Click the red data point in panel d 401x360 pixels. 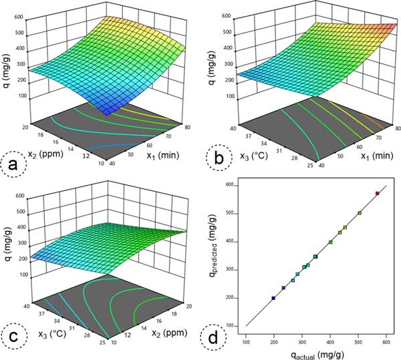click(x=377, y=193)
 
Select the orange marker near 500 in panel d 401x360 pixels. click(x=360, y=213)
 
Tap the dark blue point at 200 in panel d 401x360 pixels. click(x=273, y=298)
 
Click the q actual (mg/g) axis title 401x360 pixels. click(x=316, y=353)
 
